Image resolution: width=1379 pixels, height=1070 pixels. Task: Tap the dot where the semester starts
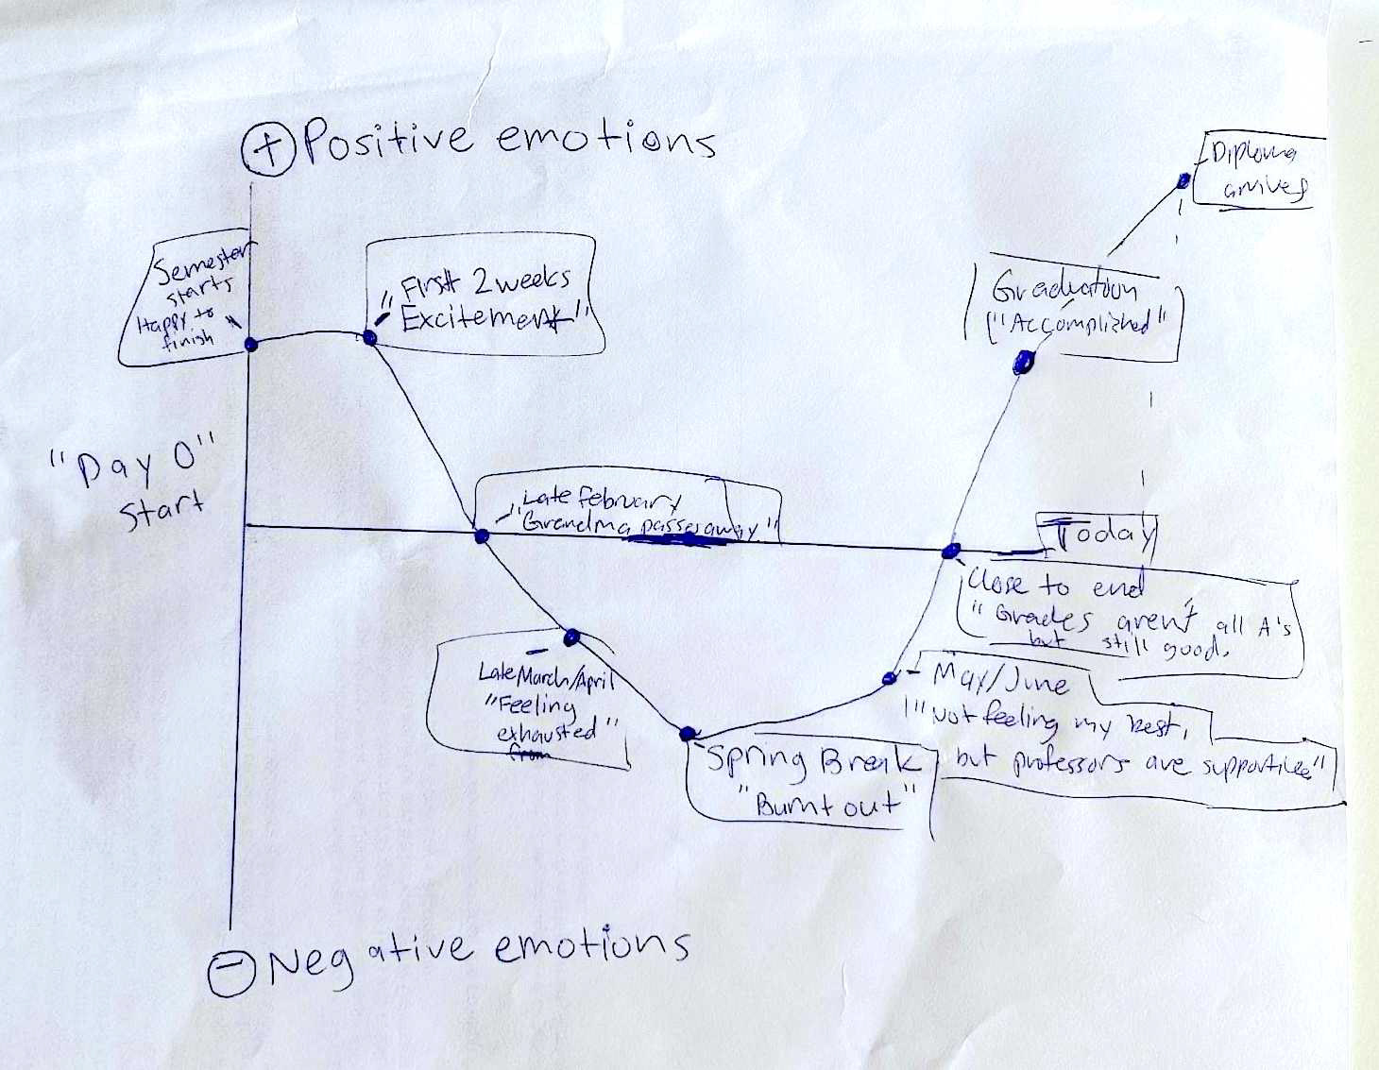click(251, 344)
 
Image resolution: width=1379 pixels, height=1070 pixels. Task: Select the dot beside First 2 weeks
click(370, 337)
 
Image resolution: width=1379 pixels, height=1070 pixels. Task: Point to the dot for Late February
click(482, 536)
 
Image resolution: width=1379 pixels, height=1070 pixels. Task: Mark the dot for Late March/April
click(570, 637)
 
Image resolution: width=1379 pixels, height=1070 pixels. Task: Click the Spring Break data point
click(688, 733)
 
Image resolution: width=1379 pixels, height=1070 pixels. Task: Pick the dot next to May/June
click(889, 678)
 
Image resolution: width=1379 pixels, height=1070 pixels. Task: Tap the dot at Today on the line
click(951, 551)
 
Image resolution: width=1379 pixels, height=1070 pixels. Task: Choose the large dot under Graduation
click(1023, 360)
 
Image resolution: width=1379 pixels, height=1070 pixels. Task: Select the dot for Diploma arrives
click(1183, 180)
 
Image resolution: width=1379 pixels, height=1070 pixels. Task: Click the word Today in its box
click(1104, 535)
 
